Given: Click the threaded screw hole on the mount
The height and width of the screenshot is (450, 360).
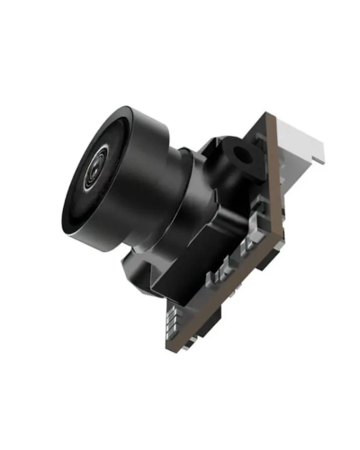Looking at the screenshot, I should click(x=244, y=153).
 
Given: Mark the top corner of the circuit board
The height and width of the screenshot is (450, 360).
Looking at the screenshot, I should click(x=268, y=115).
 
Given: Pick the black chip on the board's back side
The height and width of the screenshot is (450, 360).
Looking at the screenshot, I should click(x=270, y=261).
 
